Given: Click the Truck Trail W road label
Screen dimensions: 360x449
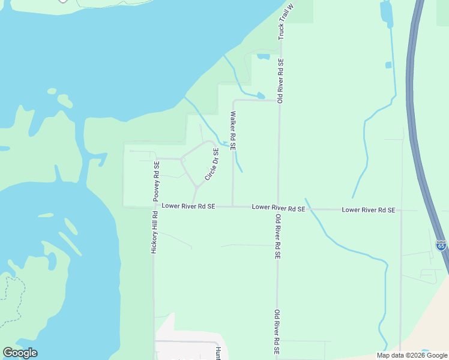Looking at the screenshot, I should [288, 21].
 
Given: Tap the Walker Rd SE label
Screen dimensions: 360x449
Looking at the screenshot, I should [233, 130].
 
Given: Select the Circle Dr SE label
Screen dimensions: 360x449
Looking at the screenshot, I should [212, 164].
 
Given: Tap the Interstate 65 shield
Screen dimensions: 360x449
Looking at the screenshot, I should [441, 246].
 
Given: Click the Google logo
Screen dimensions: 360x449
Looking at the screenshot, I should [20, 353].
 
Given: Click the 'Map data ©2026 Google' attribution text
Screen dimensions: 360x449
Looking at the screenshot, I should [412, 355].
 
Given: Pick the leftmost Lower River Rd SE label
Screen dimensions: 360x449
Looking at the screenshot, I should [188, 206].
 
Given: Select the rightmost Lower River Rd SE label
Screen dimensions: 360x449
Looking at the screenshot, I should [369, 210].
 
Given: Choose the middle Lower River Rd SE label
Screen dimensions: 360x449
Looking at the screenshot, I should [279, 208].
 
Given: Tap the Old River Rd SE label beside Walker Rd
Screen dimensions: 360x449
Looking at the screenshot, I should [279, 80].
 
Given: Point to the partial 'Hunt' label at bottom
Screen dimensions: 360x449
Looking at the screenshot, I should [218, 353].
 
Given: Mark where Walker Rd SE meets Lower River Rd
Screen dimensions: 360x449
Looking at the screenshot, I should [233, 206].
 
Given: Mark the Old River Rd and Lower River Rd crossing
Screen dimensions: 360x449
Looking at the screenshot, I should [278, 208].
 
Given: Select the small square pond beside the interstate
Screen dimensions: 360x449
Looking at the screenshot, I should [388, 65].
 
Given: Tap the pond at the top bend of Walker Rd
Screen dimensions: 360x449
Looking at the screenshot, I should [261, 95].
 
